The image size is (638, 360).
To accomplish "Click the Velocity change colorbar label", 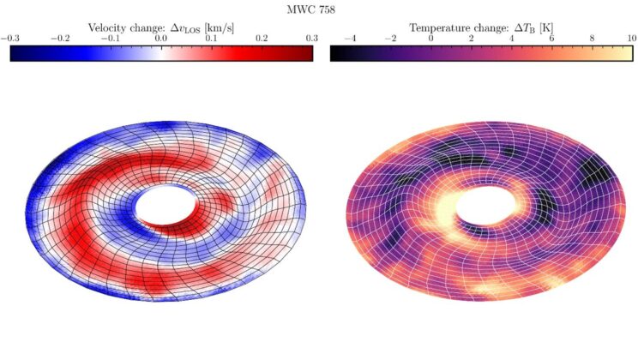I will (x=161, y=27).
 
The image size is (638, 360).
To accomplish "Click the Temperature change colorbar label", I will (x=480, y=27).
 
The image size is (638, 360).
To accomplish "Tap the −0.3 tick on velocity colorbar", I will (x=10, y=39).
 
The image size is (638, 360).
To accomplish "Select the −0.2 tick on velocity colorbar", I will (x=61, y=39).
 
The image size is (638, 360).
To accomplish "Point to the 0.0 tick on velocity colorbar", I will (x=161, y=39).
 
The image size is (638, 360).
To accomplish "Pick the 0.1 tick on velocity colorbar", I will (x=212, y=39).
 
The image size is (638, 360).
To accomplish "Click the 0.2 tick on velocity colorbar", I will (x=262, y=39).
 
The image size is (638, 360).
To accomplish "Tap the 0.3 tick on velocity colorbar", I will (x=312, y=39).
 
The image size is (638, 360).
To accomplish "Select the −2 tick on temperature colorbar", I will (x=390, y=39).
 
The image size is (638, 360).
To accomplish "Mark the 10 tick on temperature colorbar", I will (x=630, y=39).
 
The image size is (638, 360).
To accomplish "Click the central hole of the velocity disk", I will (x=161, y=205).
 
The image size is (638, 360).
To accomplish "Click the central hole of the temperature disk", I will (x=480, y=206).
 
